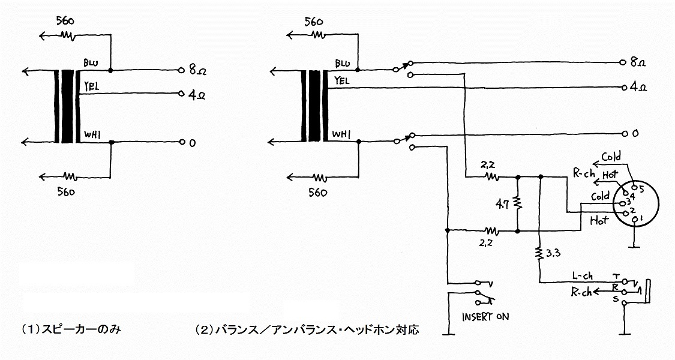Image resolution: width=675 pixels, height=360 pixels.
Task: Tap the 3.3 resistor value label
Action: point(553,253)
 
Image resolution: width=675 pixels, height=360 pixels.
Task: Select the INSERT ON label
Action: point(485,317)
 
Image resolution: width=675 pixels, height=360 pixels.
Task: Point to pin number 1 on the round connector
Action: point(641,219)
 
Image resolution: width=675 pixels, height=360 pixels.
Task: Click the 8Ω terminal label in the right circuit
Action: point(638,62)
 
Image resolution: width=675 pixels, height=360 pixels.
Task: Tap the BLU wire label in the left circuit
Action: point(91,64)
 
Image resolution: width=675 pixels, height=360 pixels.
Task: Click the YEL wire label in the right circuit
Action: point(342,80)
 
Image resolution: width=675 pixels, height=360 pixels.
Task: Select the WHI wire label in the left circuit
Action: point(92,135)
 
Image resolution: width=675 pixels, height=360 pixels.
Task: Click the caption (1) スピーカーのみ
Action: point(71,330)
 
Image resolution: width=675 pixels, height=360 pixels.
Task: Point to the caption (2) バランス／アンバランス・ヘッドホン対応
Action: point(307,330)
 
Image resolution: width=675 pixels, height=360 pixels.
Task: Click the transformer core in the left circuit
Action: point(67,106)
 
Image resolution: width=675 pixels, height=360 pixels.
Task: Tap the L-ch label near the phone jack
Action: point(583,275)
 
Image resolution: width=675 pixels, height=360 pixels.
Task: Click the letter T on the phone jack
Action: point(616,275)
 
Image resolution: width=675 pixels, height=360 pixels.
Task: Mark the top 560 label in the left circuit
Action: point(65,21)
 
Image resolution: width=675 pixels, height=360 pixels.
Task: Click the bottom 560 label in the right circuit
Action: point(317,193)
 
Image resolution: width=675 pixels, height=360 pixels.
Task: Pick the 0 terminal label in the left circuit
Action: point(193,143)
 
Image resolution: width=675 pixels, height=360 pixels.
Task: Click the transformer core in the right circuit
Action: point(314,106)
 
